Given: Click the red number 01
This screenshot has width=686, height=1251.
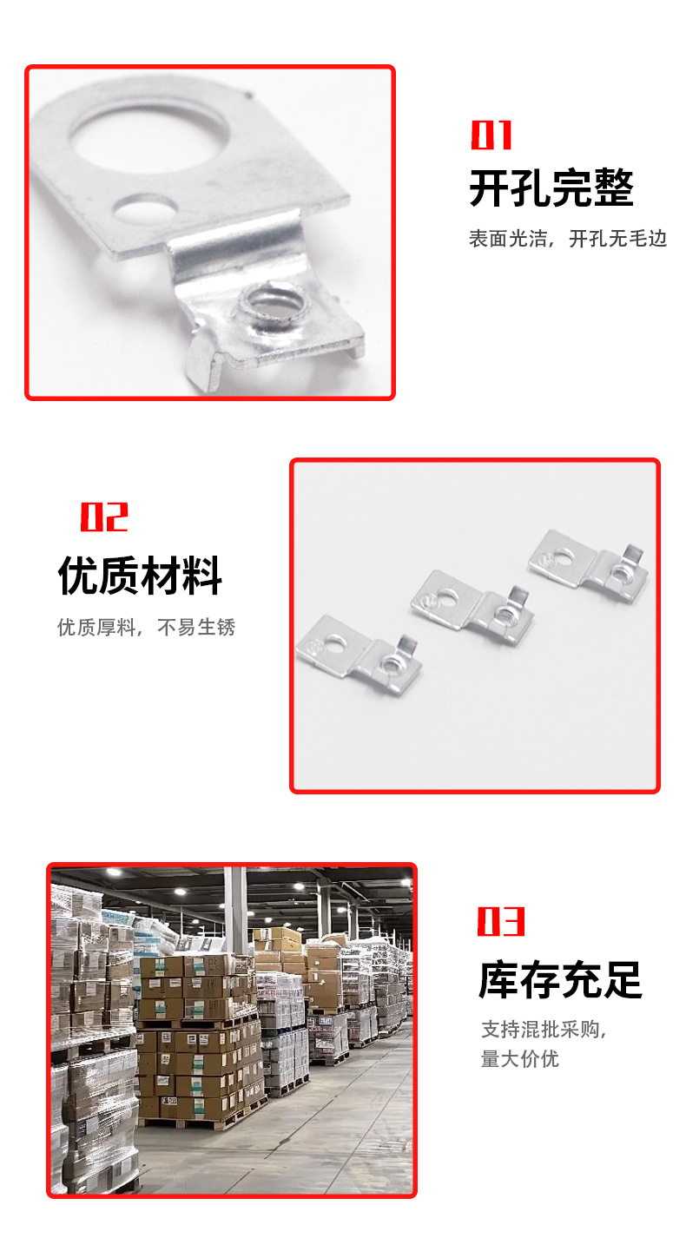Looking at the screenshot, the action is pyautogui.click(x=491, y=135).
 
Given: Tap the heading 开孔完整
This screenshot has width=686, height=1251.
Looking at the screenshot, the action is pyautogui.click(x=551, y=188).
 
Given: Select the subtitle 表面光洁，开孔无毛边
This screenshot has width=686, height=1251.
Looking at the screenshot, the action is pyautogui.click(x=568, y=239).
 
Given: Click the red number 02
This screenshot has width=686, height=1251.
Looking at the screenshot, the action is pyautogui.click(x=104, y=517).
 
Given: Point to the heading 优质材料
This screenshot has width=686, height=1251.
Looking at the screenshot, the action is pyautogui.click(x=140, y=576).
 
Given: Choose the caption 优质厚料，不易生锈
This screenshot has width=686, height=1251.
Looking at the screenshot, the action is pyautogui.click(x=147, y=627).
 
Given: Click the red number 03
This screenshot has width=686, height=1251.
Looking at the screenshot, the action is pyautogui.click(x=501, y=921).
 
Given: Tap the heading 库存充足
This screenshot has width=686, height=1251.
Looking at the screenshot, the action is pyautogui.click(x=560, y=980).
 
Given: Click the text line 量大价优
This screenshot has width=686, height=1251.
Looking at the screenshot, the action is pyautogui.click(x=519, y=1059).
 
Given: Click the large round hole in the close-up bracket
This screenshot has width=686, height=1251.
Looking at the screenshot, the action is pyautogui.click(x=150, y=134).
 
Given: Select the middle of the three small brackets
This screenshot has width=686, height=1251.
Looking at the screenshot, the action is pyautogui.click(x=472, y=608).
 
